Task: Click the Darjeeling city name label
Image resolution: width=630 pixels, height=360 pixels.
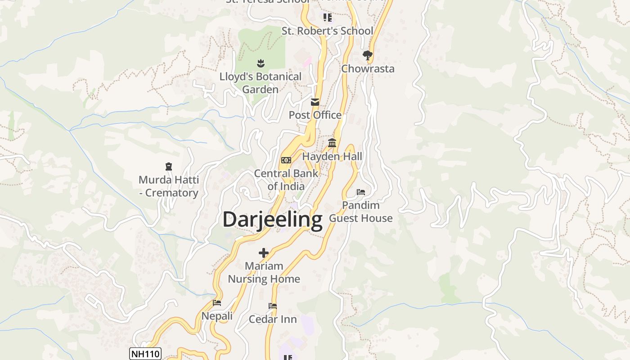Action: pos(272,220)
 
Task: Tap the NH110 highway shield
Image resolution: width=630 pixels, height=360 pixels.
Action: pos(145,354)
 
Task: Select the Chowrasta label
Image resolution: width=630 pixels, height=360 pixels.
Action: pos(368,69)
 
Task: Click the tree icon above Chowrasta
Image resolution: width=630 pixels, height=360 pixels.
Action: pos(368,55)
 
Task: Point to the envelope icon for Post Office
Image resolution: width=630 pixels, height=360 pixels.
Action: pos(315,102)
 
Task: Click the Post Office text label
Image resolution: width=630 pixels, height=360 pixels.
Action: pos(315,115)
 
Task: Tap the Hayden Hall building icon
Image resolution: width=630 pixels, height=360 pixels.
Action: pos(332,143)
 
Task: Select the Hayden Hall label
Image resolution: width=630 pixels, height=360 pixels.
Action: pos(332,157)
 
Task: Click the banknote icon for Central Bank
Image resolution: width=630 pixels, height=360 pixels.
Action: pos(286,160)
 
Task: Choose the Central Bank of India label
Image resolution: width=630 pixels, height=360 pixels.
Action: pos(286,180)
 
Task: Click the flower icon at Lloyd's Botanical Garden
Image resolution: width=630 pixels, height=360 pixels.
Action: pos(261,63)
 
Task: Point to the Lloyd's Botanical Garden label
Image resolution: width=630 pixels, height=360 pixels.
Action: pos(261,83)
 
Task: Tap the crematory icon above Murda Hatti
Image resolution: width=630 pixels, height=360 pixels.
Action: pos(169,166)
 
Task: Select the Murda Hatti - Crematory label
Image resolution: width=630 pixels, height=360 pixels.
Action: pos(169,186)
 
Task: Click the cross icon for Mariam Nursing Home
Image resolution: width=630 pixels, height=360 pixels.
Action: pos(264,253)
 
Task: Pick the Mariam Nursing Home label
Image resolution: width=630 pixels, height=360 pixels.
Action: pos(264,272)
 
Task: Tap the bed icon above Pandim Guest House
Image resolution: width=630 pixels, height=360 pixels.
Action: pos(361,192)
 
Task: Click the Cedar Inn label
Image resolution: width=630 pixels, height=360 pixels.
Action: pos(273,319)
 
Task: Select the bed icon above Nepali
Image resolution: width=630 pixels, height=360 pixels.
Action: pos(217,303)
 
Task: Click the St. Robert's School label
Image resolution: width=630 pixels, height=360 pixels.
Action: pos(327,31)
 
